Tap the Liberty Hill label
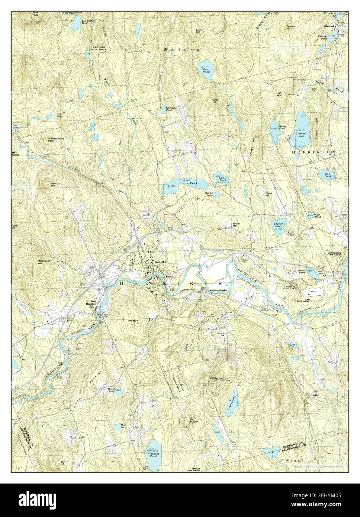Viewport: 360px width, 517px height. pos(45,184)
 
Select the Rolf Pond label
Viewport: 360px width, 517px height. pos(327,175)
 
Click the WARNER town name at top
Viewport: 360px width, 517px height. pos(182,49)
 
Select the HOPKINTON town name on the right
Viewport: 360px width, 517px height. pos(314,152)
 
